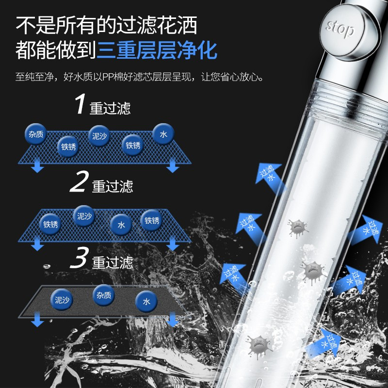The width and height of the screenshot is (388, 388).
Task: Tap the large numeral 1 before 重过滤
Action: pyautogui.click(x=80, y=104)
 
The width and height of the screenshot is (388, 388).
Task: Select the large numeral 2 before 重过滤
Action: pyautogui.click(x=79, y=181)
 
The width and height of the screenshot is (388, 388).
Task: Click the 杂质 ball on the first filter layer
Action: pyautogui.click(x=36, y=134)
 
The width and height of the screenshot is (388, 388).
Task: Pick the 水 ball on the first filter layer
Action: pyautogui.click(x=163, y=134)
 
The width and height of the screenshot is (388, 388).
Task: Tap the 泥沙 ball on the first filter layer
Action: pyautogui.click(x=99, y=136)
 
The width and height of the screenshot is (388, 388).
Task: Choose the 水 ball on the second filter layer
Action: pyautogui.click(x=121, y=225)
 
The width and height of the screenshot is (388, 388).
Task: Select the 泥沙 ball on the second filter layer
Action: pyautogui.click(x=84, y=216)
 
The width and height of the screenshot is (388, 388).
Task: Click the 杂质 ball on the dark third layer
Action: pyautogui.click(x=104, y=295)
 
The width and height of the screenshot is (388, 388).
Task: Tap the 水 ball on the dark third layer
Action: pyautogui.click(x=146, y=301)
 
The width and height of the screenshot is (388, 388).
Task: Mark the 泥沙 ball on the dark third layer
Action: pyautogui.click(x=62, y=300)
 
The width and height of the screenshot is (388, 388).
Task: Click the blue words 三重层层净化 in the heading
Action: pyautogui.click(x=157, y=50)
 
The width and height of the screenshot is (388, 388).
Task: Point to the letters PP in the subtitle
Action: pyautogui.click(x=108, y=77)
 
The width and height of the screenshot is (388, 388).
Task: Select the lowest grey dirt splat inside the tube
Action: pyautogui.click(x=259, y=346)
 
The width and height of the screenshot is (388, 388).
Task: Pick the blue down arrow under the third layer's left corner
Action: pyautogui.click(x=37, y=319)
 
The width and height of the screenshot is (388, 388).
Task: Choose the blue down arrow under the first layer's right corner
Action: pyautogui.click(x=173, y=165)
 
